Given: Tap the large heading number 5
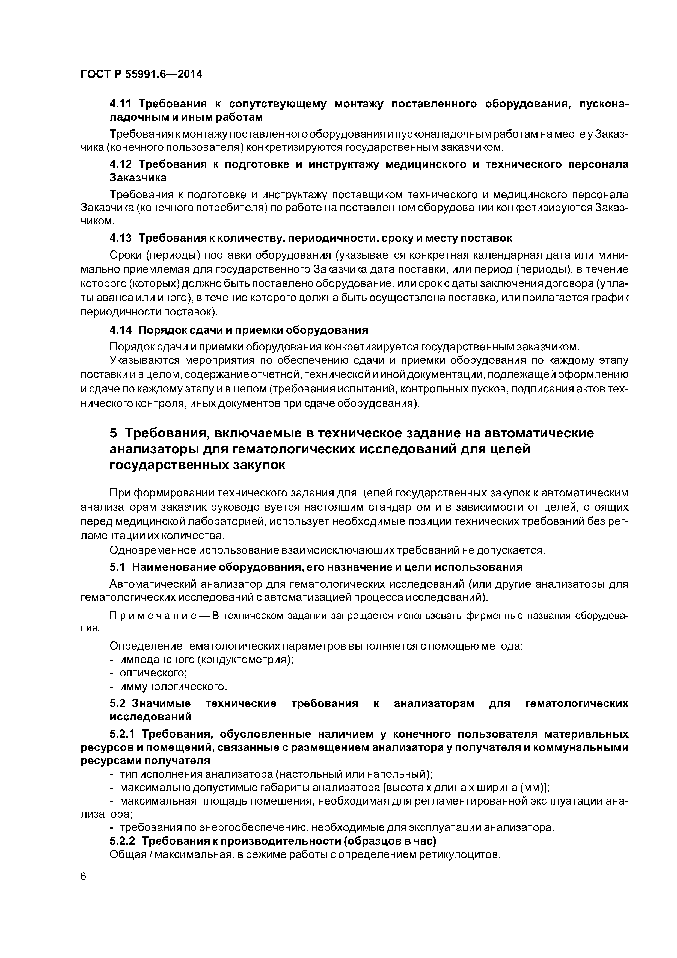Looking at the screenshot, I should click(x=114, y=433).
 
